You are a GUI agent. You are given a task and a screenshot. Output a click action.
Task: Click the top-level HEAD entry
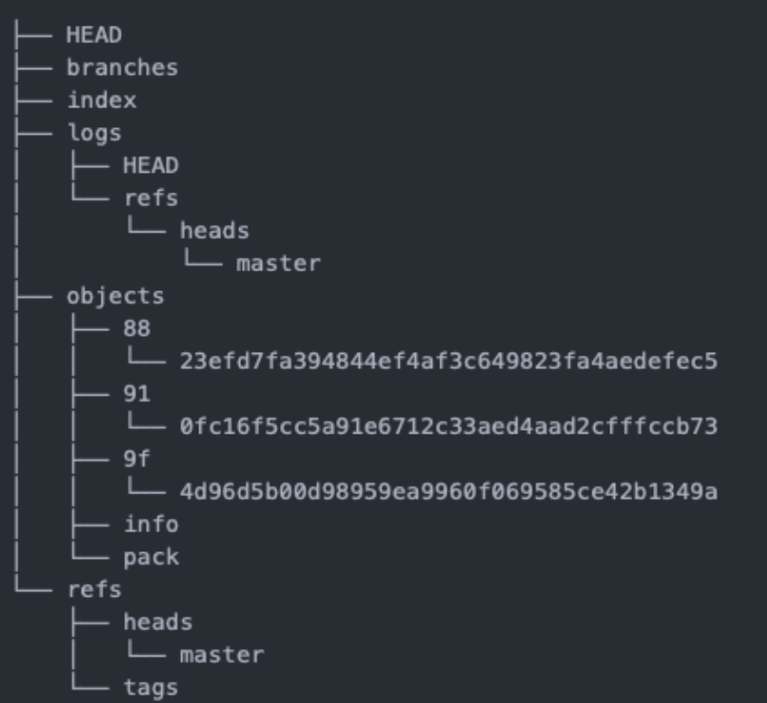[x=94, y=35]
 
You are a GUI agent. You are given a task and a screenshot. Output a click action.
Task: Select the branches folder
[x=122, y=67]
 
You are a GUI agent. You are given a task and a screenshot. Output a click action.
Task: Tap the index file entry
[x=102, y=100]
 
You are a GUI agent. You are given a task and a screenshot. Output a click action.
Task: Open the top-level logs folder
[x=94, y=133]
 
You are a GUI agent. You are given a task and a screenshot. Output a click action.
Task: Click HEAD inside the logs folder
[x=150, y=165]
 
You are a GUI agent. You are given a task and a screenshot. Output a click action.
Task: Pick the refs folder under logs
[x=150, y=198]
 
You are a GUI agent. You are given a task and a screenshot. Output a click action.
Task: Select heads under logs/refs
[x=215, y=231]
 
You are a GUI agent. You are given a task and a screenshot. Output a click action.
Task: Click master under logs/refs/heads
[x=278, y=263]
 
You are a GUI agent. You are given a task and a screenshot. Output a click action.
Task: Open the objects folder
[x=115, y=296]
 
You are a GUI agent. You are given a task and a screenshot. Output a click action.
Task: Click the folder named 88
[x=137, y=328]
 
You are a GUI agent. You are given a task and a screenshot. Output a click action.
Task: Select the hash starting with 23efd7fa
[x=447, y=361]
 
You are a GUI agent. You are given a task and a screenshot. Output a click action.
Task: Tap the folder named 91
[x=137, y=394]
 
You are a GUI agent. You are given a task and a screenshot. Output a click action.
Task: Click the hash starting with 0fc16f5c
[x=447, y=426]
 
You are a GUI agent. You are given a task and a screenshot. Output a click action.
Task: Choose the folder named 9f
[x=137, y=459]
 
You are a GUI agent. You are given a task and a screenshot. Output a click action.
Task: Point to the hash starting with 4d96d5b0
[x=447, y=491]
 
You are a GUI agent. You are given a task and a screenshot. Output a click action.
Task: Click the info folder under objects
[x=150, y=524]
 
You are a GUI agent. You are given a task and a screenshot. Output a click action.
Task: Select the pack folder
[x=150, y=557]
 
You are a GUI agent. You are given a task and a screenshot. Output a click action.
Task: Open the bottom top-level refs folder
[x=94, y=589]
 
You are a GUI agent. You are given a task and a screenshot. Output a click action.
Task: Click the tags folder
[x=150, y=687]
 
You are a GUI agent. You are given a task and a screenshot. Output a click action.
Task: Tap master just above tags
[x=221, y=655]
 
